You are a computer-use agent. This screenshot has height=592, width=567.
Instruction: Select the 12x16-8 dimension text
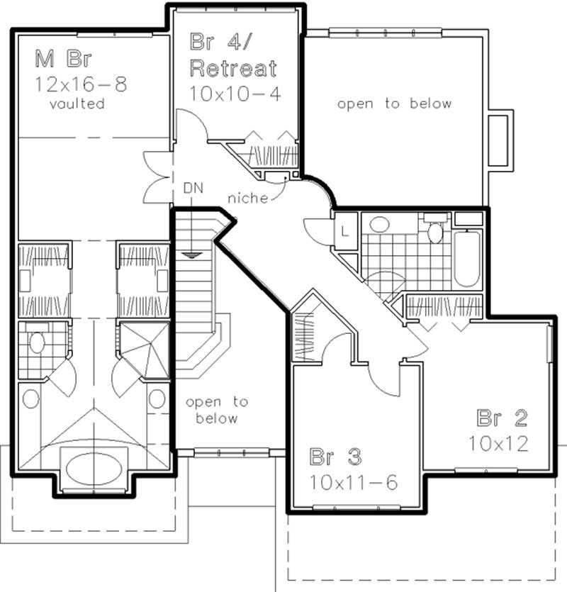[x=82, y=84]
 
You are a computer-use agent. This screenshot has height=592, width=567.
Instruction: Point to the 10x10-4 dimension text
[x=232, y=92]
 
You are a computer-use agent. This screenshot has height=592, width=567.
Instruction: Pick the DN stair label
[x=193, y=188]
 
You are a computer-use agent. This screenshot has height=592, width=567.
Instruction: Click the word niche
[x=248, y=199]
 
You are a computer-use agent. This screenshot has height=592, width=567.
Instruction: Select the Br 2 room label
[x=503, y=416]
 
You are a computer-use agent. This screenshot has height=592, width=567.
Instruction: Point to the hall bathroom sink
[x=380, y=225]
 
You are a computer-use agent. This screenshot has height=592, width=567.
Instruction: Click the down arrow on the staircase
[x=189, y=253]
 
